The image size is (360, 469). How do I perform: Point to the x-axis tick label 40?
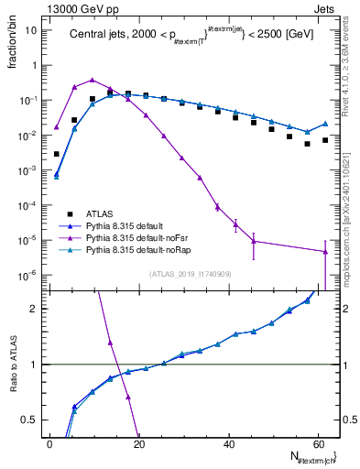coord(226,442)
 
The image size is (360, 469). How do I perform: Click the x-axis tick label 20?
coord(137,442)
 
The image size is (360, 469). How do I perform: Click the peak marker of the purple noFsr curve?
coord(92,80)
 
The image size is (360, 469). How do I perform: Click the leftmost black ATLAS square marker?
coord(57,154)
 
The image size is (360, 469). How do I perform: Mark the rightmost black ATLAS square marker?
coord(325,140)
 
